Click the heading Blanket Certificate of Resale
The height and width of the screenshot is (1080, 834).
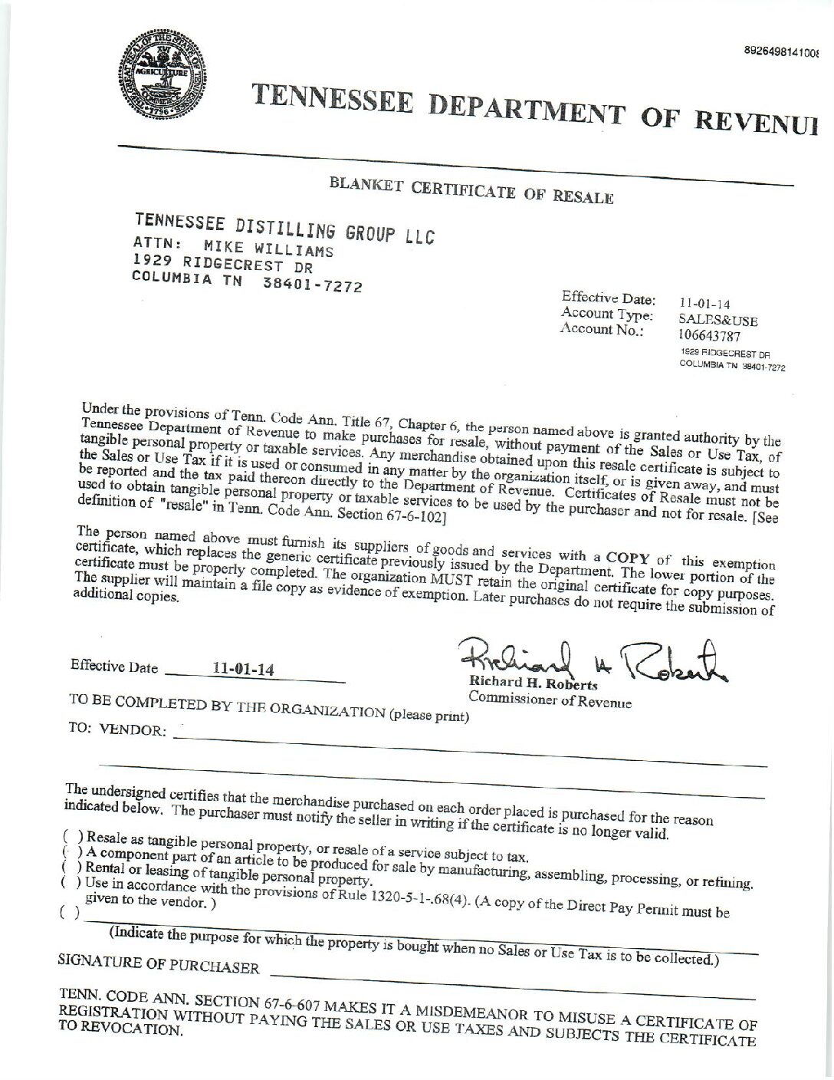(x=471, y=189)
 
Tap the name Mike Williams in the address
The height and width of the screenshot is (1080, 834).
(x=268, y=249)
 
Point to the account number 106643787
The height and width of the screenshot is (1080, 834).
(x=709, y=335)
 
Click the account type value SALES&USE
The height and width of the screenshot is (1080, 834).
(x=717, y=321)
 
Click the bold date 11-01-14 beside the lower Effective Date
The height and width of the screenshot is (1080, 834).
(x=243, y=670)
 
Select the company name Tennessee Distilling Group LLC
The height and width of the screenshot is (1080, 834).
(x=284, y=229)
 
